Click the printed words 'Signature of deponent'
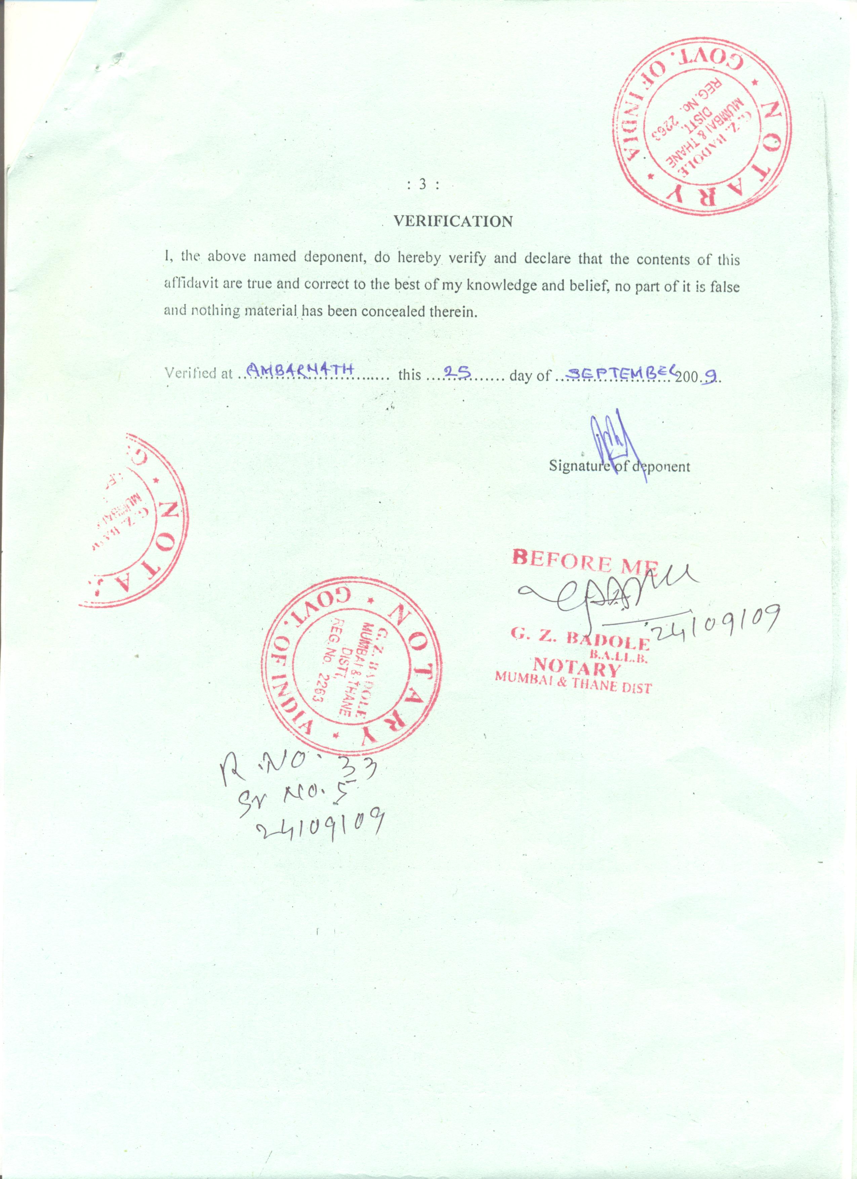click(619, 466)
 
